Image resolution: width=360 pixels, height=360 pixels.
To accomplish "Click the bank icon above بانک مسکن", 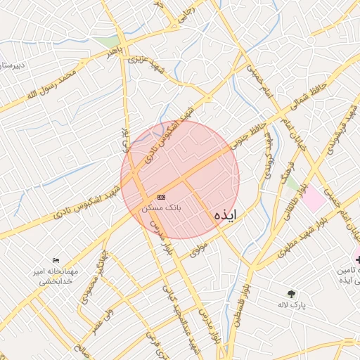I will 162,197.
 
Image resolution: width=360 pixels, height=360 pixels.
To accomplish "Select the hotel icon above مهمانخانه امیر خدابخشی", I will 57,260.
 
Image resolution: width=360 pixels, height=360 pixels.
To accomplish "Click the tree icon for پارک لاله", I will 291,293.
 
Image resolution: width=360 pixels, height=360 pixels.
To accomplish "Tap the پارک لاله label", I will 299,304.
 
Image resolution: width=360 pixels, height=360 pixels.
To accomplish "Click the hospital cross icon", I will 358,259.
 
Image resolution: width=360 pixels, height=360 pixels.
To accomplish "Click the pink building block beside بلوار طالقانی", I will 314,201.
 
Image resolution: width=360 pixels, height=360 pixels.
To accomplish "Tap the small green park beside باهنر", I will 110,41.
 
